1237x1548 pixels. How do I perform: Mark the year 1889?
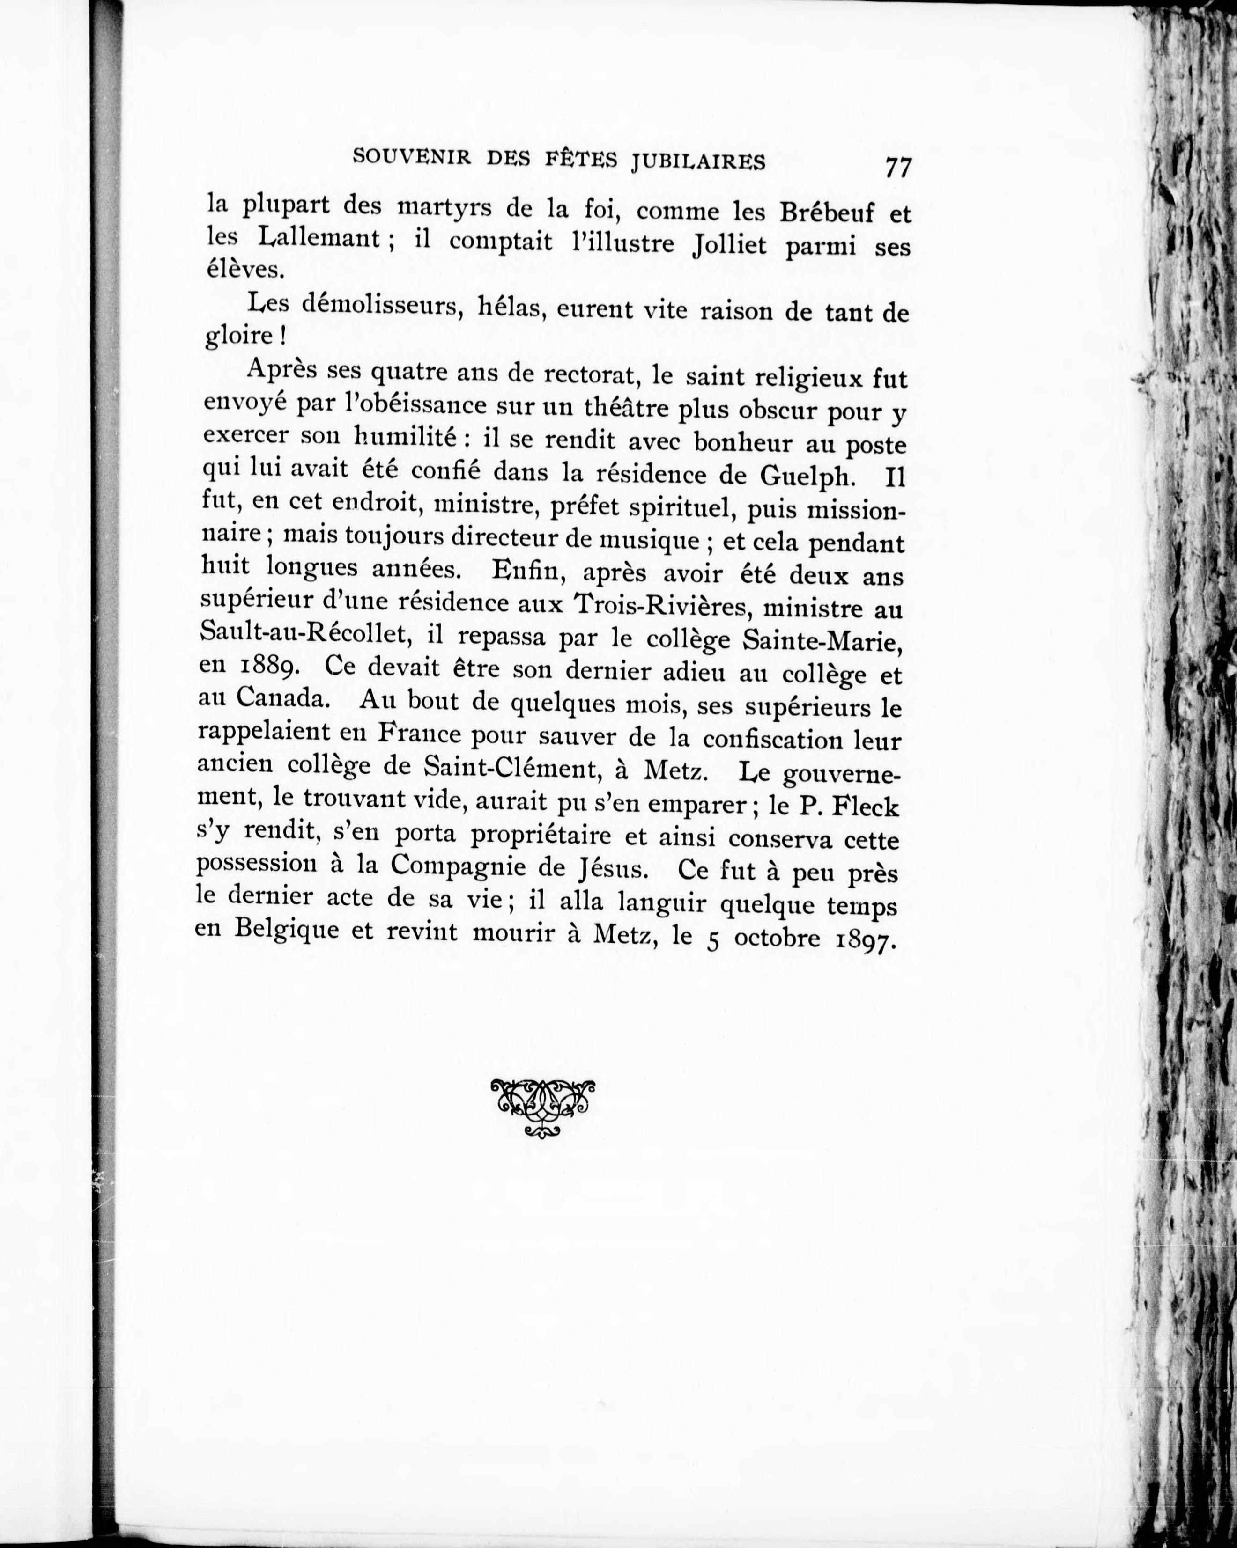pos(269,667)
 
